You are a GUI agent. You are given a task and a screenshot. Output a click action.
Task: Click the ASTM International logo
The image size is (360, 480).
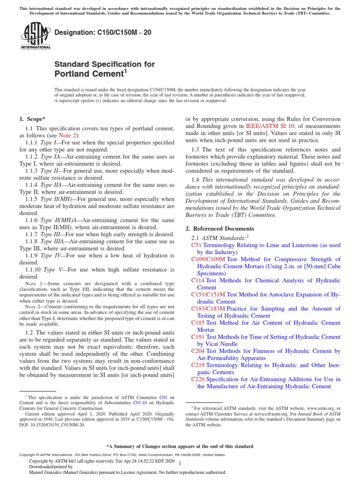(35, 37)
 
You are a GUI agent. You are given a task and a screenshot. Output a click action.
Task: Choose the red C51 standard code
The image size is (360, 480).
(196, 245)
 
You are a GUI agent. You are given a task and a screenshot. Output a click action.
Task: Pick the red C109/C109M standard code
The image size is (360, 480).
(208, 259)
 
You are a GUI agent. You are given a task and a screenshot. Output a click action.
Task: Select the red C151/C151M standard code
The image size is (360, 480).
(208, 294)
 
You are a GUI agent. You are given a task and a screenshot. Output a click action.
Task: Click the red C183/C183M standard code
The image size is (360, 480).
(208, 309)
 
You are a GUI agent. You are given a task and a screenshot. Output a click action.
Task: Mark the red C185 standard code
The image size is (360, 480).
(198, 323)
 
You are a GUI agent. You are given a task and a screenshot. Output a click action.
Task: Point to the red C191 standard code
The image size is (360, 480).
(198, 337)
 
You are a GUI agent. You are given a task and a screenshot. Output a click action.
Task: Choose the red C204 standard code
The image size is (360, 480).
(198, 351)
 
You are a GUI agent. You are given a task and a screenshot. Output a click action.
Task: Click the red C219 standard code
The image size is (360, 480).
(198, 365)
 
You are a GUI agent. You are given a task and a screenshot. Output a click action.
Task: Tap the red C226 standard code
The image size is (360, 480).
(198, 379)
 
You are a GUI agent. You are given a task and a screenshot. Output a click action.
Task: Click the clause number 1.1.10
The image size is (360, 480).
(34, 270)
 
